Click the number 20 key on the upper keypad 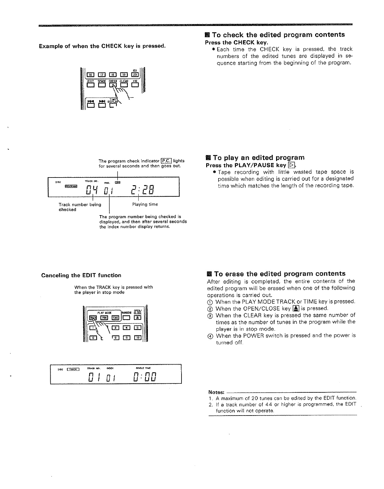point(135,74)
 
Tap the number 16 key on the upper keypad point(90,74)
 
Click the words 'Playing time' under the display point(145,204)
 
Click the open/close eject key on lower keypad point(137,318)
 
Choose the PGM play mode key point(104,318)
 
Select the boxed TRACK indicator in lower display point(73,369)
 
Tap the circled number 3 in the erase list point(210,316)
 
